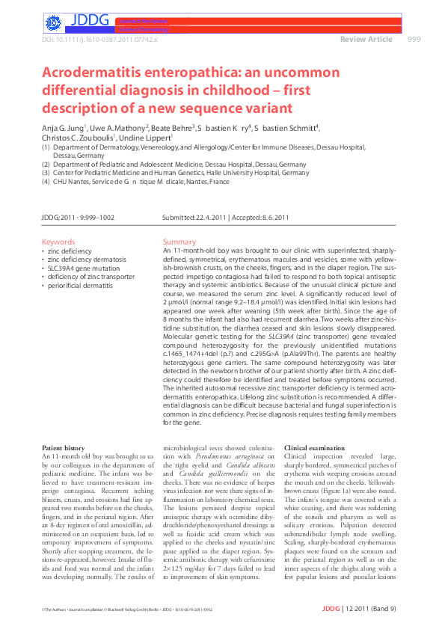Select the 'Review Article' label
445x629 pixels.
click(x=366, y=39)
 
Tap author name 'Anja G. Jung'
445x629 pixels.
click(x=64, y=129)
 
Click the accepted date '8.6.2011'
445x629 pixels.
click(x=274, y=218)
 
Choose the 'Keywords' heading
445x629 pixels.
click(x=58, y=242)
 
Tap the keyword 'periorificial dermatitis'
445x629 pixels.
click(x=85, y=285)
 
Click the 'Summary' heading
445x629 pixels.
click(x=179, y=242)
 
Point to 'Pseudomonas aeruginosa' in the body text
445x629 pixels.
click(x=221, y=456)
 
